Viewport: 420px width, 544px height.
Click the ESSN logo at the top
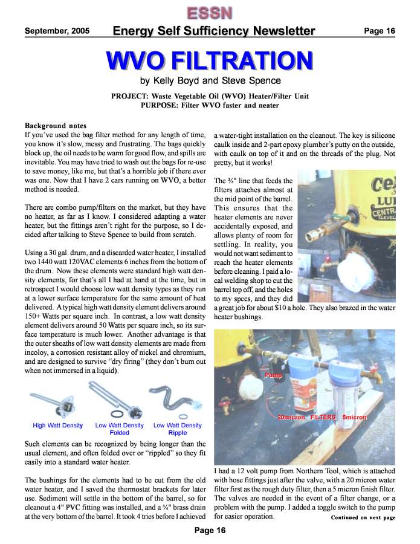pyautogui.click(x=210, y=12)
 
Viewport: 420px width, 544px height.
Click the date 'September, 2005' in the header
pyautogui.click(x=57, y=31)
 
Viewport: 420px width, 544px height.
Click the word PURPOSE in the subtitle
pyautogui.click(x=162, y=105)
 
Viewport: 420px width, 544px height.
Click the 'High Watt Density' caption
pyautogui.click(x=57, y=426)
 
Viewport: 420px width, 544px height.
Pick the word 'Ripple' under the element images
pyautogui.click(x=178, y=433)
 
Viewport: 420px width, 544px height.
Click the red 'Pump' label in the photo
pyautogui.click(x=273, y=376)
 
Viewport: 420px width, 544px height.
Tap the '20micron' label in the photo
pyautogui.click(x=291, y=418)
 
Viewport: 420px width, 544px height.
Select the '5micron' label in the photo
pyautogui.click(x=354, y=418)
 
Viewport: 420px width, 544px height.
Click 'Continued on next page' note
pyautogui.click(x=363, y=517)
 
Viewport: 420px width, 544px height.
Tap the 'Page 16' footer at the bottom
pyautogui.click(x=210, y=531)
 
